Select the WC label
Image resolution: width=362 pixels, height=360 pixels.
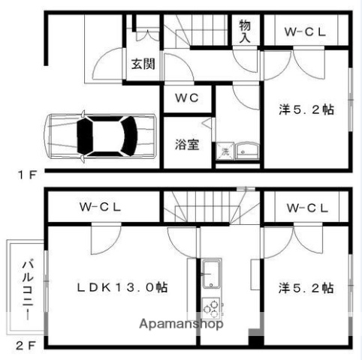click(x=187, y=98)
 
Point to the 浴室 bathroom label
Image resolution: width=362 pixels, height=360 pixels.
click(x=187, y=144)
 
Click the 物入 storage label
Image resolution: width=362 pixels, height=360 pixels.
click(x=245, y=31)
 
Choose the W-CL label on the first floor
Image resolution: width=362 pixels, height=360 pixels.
click(x=305, y=32)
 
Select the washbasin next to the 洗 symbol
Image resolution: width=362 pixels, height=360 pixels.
click(x=246, y=152)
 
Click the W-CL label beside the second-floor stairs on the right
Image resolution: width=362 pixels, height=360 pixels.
click(x=305, y=208)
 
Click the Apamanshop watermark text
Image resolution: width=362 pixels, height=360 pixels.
click(x=182, y=325)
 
